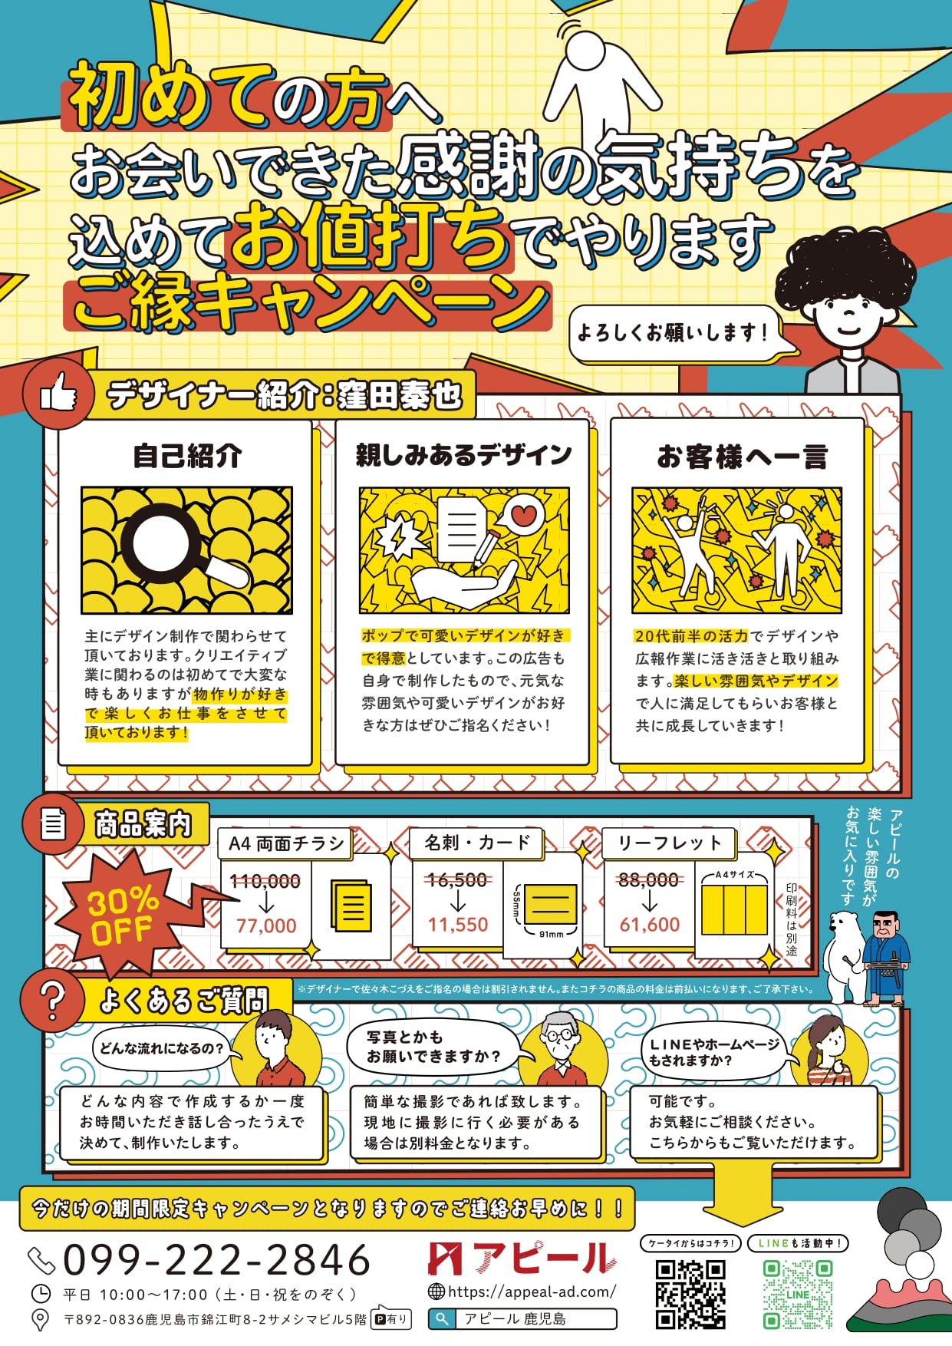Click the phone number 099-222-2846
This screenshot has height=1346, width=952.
217,1259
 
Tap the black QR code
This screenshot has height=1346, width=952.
690,1295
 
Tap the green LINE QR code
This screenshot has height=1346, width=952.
798,1295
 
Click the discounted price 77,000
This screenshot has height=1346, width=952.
266,925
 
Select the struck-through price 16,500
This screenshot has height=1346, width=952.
457,880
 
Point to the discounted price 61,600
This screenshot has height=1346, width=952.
650,925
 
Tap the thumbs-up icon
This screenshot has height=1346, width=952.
58,394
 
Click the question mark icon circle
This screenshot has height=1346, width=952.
52,1000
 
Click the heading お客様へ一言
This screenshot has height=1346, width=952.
743,457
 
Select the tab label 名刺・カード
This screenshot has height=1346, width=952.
477,843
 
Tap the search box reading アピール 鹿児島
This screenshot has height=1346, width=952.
522,1319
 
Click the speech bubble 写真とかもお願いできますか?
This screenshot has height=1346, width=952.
434,1047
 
